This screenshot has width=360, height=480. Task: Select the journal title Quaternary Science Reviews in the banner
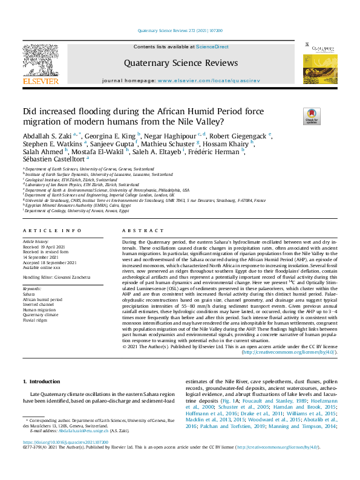coord(171,62)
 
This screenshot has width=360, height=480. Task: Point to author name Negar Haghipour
coord(174,135)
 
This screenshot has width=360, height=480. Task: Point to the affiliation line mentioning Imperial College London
coord(99,195)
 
